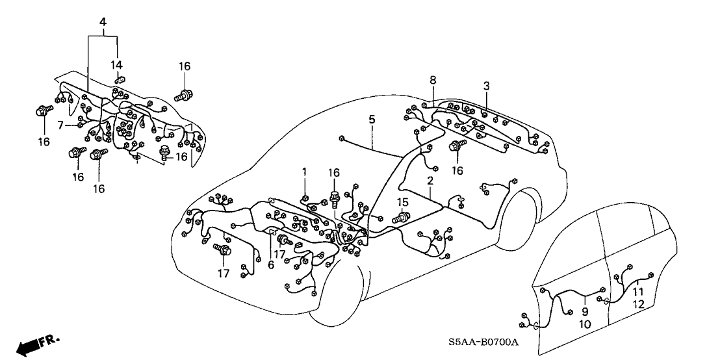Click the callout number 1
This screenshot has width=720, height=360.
[303, 171]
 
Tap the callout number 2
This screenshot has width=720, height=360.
[430, 179]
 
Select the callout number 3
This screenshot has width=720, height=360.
[485, 85]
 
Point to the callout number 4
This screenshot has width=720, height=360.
[103, 22]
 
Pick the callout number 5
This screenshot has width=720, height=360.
[372, 119]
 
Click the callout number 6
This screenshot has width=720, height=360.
[271, 264]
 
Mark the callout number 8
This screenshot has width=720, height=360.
[433, 80]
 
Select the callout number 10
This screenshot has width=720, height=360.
[585, 324]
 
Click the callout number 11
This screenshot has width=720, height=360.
[639, 292]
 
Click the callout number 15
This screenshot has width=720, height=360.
[403, 202]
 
